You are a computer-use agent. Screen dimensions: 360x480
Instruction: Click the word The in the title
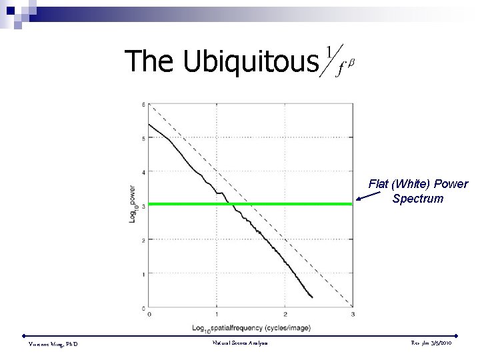pyautogui.click(x=149, y=61)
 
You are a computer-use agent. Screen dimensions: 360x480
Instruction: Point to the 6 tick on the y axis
pyautogui.click(x=143, y=105)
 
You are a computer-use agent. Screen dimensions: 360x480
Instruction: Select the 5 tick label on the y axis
pyautogui.click(x=143, y=139)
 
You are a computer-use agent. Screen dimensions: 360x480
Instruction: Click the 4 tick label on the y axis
pyautogui.click(x=143, y=172)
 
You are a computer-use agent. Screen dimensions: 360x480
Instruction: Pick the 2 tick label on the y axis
pyautogui.click(x=143, y=240)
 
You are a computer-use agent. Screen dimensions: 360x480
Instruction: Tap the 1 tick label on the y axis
pyautogui.click(x=143, y=274)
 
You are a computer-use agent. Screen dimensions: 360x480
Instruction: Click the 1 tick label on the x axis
pyautogui.click(x=217, y=315)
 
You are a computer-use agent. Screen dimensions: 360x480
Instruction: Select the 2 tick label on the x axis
pyautogui.click(x=285, y=315)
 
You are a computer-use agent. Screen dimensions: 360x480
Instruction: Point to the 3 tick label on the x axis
pyautogui.click(x=352, y=315)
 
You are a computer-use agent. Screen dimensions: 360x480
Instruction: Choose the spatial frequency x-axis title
pyautogui.click(x=250, y=328)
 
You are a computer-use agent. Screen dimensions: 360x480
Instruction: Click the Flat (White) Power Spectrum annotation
pyautogui.click(x=418, y=191)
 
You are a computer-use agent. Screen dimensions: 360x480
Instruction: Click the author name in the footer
pyautogui.click(x=53, y=343)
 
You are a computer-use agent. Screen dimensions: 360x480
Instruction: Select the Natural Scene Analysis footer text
pyautogui.click(x=240, y=343)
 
